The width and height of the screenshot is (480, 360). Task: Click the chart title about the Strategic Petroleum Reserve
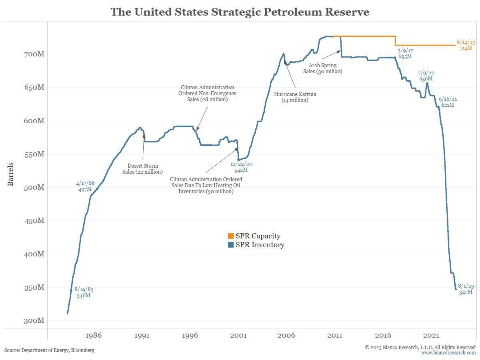pos(240,12)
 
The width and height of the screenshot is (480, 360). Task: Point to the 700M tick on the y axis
pos(33,54)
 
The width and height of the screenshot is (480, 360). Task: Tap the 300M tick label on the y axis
pos(33,321)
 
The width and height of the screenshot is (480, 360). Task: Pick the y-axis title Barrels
pos(11,174)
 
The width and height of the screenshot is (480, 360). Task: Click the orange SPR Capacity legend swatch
pos(230,236)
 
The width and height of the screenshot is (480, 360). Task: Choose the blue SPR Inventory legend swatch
pos(230,245)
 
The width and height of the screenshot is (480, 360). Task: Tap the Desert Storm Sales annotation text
pos(142,169)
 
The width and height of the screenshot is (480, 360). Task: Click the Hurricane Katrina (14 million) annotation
pos(295,97)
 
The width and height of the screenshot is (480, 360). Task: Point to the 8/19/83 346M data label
pos(84,292)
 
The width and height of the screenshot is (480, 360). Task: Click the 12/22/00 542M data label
pos(241,167)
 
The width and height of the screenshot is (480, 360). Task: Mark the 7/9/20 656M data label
pos(426,76)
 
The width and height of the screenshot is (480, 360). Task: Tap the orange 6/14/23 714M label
pos(466,45)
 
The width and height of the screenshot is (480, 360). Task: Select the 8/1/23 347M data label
pos(466,289)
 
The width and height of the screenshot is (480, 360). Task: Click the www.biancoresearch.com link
pos(448,353)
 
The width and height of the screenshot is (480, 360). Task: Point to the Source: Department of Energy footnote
pos(50,350)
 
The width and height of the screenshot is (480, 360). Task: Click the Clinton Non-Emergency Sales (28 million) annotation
pos(207,93)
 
